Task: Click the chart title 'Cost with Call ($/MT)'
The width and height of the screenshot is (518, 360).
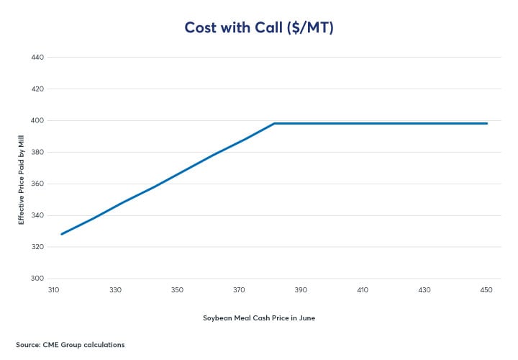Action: point(259,27)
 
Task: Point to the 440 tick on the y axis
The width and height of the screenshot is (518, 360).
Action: point(37,57)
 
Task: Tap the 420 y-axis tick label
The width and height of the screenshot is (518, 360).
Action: point(37,89)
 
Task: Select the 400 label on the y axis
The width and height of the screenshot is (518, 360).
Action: point(37,120)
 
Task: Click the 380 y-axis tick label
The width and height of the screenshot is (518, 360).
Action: point(37,152)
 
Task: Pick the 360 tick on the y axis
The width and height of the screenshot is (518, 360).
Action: point(37,184)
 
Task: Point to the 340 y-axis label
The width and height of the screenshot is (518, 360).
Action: point(37,215)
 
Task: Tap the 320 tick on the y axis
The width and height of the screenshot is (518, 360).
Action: point(37,246)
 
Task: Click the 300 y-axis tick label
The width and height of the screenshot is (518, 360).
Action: point(37,278)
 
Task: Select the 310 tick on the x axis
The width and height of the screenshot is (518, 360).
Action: point(53,289)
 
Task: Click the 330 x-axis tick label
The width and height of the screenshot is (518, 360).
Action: point(115,289)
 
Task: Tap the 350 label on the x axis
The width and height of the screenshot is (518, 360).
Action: point(177,289)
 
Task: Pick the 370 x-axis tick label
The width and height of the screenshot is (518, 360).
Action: point(239,289)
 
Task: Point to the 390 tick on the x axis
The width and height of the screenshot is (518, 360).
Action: point(301,289)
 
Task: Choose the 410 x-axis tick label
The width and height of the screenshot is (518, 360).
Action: point(363,289)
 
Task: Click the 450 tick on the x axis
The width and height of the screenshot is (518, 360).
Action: point(486,289)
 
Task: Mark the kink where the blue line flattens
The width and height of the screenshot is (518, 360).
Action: point(274,123)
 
